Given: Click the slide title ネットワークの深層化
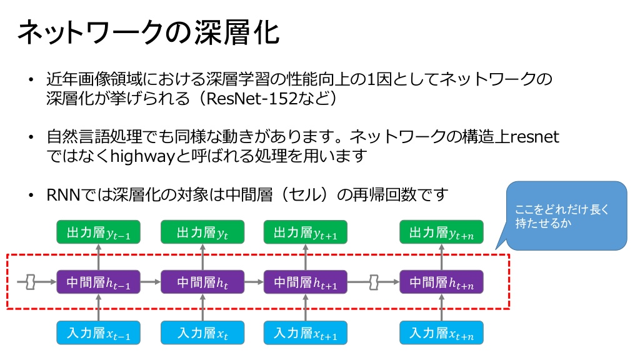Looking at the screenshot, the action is tap(149, 32).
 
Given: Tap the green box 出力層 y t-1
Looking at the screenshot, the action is tap(98, 232).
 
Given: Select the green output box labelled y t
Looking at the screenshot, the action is tap(202, 232).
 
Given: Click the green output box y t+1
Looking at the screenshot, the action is tap(305, 232).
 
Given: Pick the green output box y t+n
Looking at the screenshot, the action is tap(441, 232).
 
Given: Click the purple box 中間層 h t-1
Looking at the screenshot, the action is tap(98, 282).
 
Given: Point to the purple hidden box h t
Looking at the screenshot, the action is tap(202, 282).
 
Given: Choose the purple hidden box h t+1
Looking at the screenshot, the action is tap(305, 282).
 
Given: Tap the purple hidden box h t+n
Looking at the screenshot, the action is tap(441, 282).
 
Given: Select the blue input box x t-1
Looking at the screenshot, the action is tap(98, 332).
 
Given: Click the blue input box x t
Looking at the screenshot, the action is tap(202, 332).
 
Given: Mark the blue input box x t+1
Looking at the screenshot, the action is tap(305, 332).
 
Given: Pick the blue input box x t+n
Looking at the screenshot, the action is tap(441, 332).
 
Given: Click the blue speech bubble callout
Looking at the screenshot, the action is tap(566, 216).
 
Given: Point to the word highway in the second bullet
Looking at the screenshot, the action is tap(142, 156).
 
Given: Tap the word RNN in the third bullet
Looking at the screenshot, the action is tap(64, 195).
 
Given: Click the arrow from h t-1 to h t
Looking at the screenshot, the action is tap(151, 282).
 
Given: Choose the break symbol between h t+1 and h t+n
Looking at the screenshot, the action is tap(374, 282).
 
